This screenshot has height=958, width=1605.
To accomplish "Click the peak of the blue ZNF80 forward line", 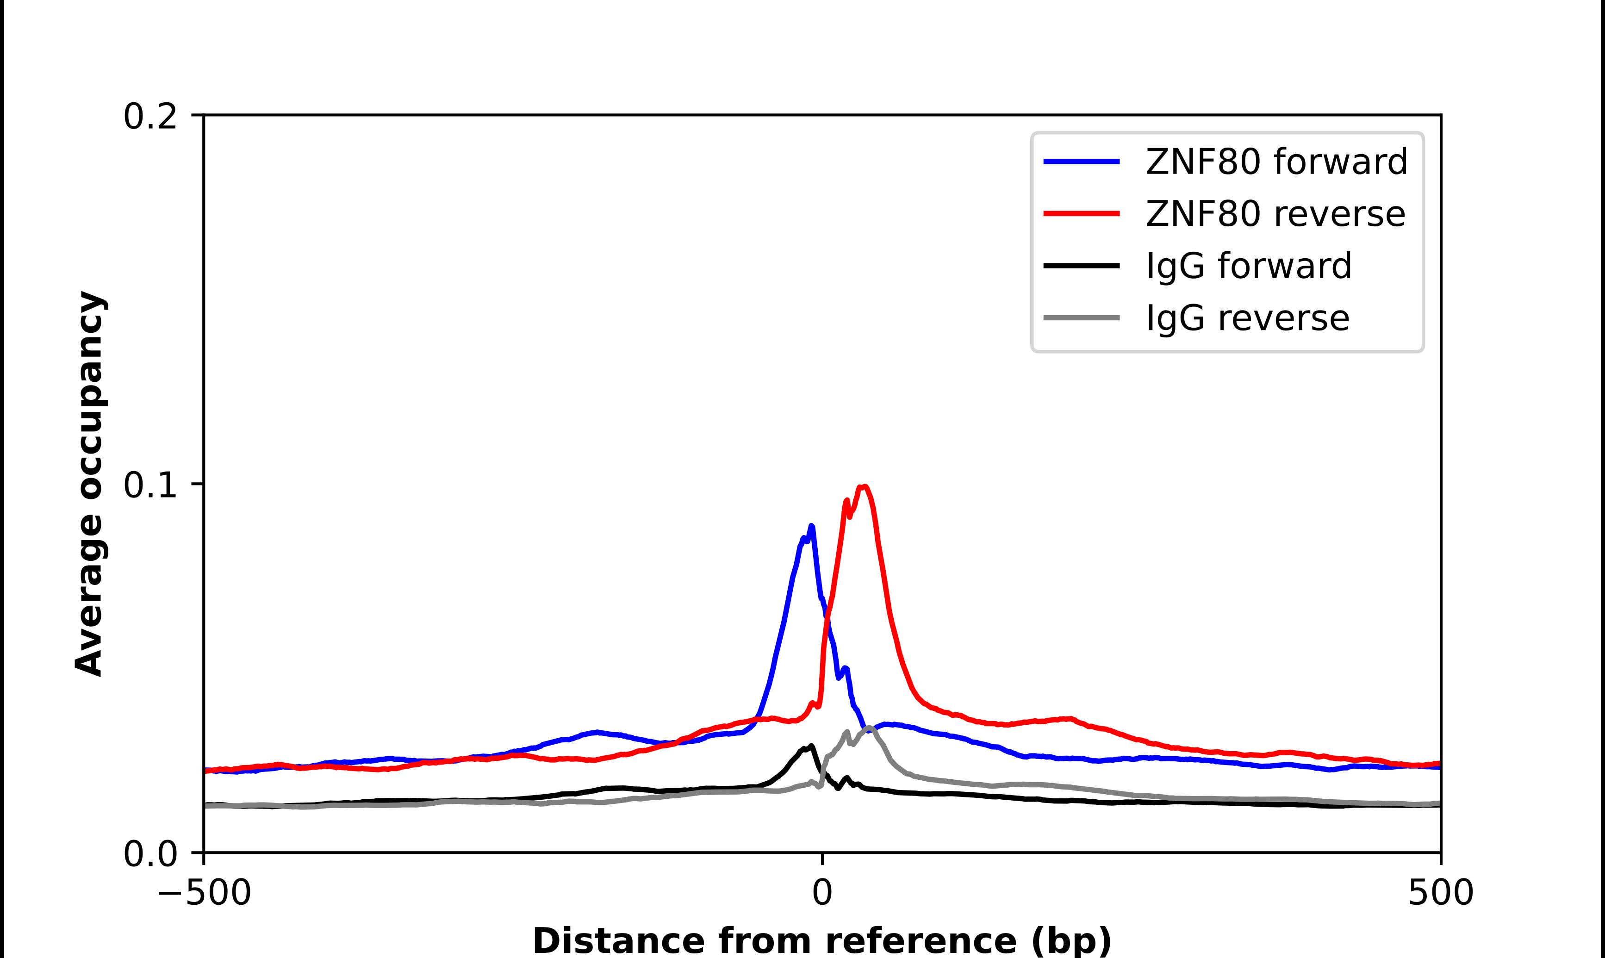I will click(x=812, y=526).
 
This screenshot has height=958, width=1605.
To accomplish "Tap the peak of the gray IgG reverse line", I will click(x=869, y=728).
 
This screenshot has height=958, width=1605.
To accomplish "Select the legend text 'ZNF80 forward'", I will click(x=1276, y=162).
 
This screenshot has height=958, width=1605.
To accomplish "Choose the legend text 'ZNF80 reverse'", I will click(x=1275, y=214).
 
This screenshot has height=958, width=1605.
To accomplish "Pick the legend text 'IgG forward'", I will click(x=1248, y=266).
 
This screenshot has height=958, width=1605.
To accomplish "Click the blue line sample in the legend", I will click(x=1082, y=162).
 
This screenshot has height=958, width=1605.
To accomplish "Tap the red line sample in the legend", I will click(x=1082, y=214).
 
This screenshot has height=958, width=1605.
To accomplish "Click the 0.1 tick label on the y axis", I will click(x=150, y=485).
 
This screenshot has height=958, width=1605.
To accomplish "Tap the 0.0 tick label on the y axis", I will click(x=150, y=854).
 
